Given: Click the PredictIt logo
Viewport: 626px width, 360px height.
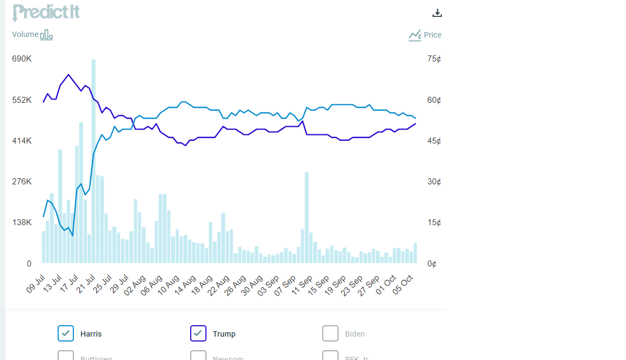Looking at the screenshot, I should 46,12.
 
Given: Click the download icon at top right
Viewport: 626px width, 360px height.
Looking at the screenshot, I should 437,13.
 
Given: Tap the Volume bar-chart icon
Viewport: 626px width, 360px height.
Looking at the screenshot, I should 46,35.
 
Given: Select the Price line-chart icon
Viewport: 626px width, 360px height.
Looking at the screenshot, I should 415,35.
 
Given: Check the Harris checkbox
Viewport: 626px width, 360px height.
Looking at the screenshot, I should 66,333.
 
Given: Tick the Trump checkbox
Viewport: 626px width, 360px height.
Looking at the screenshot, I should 198,333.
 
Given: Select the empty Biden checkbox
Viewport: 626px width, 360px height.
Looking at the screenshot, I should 330,333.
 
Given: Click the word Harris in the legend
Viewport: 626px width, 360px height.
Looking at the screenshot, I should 91,334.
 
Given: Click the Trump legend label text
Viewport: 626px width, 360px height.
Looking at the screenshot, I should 224,334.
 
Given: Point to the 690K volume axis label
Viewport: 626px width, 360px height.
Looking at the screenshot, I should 22,59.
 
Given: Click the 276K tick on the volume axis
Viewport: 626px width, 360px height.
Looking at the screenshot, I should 22,182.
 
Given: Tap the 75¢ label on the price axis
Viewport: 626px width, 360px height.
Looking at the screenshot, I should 434,59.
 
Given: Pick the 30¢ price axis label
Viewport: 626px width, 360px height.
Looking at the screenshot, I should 434,182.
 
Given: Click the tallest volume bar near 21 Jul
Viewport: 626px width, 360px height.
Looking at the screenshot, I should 93,163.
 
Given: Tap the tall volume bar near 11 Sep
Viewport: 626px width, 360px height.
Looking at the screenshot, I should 307,218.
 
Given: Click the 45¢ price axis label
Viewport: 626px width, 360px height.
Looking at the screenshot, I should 434,141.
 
